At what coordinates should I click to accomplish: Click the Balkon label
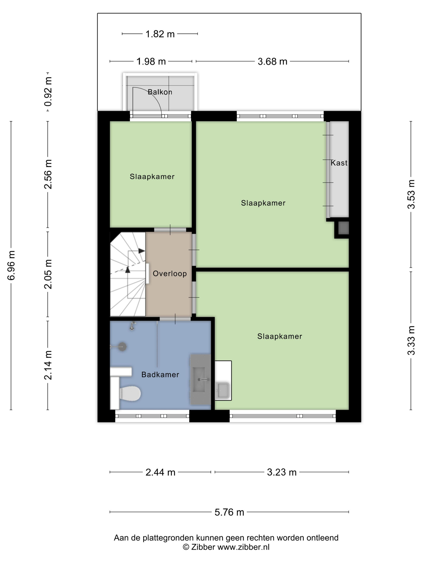(160, 92)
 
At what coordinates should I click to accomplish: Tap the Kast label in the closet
(339, 163)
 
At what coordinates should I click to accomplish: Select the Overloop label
(170, 274)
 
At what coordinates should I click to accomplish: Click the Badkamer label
(160, 374)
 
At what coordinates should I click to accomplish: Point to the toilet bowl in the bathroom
(130, 393)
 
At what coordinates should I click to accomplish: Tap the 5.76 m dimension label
(229, 512)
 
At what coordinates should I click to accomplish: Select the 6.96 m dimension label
(11, 265)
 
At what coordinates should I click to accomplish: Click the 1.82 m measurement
(160, 34)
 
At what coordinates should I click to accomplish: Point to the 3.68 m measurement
(272, 61)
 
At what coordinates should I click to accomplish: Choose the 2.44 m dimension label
(161, 472)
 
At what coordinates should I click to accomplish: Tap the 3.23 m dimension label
(282, 472)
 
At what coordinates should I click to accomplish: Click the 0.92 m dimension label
(48, 92)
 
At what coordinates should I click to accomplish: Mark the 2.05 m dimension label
(48, 274)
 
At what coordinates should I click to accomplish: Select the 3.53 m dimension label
(411, 194)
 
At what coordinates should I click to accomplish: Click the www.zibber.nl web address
(243, 547)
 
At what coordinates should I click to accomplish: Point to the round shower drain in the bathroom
(122, 347)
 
